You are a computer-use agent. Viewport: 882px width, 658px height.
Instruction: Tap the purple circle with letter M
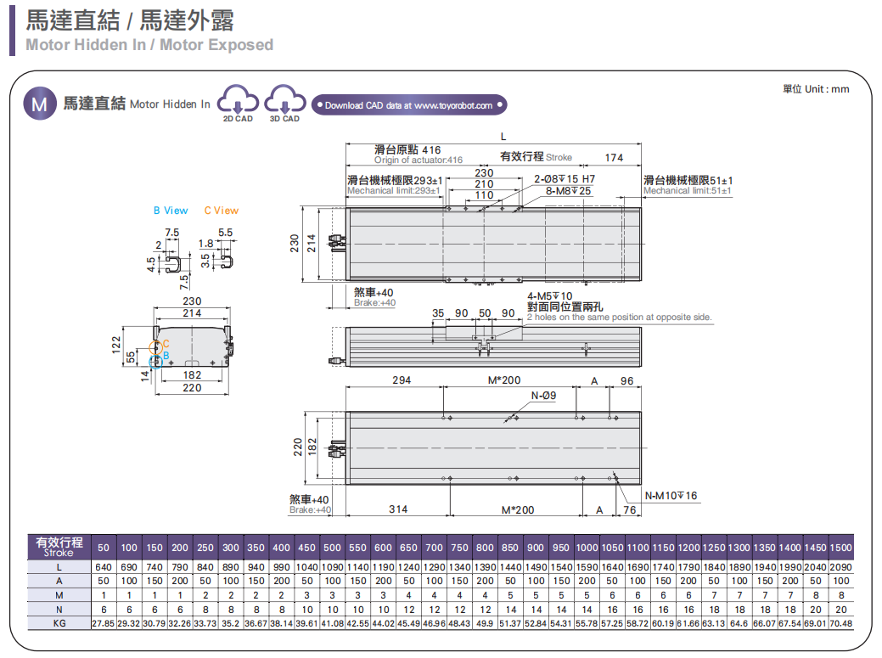39,104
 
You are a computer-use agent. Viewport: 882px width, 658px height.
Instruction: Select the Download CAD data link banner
409,105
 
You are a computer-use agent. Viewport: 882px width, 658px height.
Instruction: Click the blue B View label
171,211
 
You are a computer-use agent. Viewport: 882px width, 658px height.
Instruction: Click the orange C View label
222,211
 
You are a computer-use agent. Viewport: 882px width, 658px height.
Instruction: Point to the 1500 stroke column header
840,548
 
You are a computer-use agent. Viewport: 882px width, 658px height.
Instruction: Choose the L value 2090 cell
840,566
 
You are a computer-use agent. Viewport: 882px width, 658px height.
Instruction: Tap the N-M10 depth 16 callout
671,496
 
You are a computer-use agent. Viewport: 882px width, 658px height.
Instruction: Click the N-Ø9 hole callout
543,396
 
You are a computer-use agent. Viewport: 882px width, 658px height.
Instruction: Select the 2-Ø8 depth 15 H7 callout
565,179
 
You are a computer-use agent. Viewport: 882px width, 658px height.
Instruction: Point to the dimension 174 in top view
613,158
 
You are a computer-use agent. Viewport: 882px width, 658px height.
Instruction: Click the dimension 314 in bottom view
398,509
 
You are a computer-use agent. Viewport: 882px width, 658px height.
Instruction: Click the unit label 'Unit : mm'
815,89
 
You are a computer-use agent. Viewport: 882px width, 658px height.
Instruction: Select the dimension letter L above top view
503,137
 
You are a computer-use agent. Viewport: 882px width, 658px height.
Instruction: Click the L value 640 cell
104,566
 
